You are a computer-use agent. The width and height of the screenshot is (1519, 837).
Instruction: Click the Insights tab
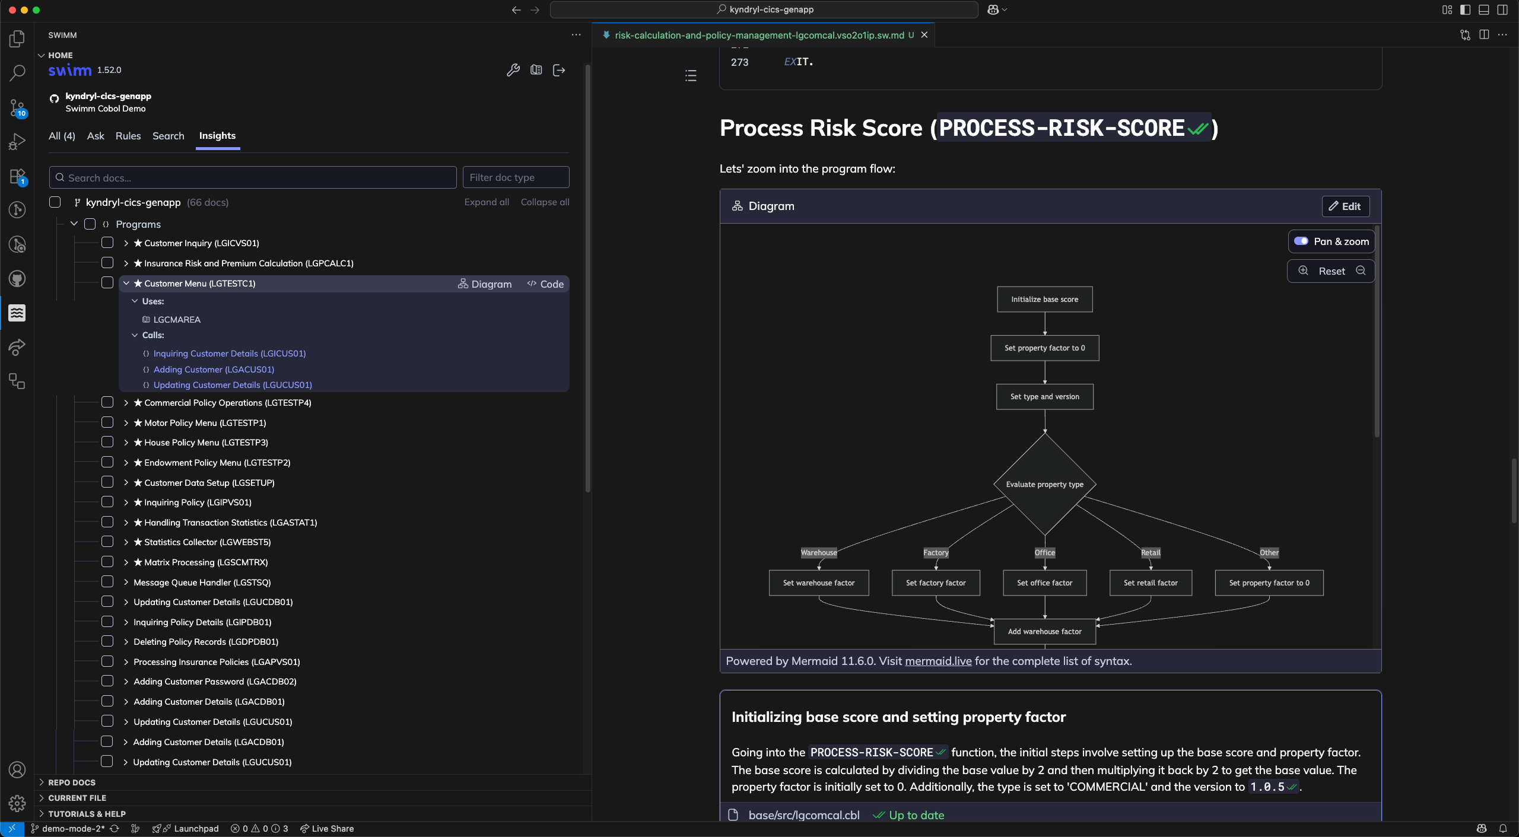[x=217, y=136]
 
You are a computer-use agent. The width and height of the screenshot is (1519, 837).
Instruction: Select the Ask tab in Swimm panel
[x=96, y=136]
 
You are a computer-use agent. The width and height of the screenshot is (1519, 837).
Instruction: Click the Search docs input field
[x=253, y=177]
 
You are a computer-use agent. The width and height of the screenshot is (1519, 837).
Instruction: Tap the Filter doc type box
[x=516, y=177]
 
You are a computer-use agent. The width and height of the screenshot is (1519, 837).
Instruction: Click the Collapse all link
[x=545, y=202]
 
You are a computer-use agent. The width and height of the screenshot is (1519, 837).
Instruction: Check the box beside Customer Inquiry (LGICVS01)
[x=107, y=243]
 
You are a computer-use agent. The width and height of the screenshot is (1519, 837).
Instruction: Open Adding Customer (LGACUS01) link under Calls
[x=214, y=369]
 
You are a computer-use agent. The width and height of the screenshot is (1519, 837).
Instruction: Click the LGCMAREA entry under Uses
[x=177, y=319]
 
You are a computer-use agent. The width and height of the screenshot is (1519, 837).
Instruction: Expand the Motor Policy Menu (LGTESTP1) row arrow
[x=126, y=423]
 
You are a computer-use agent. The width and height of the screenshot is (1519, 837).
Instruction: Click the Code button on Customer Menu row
[x=545, y=284]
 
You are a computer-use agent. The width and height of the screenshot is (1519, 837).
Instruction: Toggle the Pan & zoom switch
[x=1301, y=241]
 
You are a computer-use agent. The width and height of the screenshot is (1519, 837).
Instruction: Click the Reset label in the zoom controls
[x=1331, y=271]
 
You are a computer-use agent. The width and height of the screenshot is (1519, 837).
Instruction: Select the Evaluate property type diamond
[x=1044, y=484]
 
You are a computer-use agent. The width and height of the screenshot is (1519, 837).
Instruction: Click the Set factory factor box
[x=936, y=583]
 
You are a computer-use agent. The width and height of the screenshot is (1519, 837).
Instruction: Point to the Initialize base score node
[x=1044, y=300]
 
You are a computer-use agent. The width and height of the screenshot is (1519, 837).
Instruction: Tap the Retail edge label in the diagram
[x=1151, y=552]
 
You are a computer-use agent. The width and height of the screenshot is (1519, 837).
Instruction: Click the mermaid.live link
[x=938, y=661]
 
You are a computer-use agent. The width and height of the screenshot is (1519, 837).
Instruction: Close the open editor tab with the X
[x=924, y=35]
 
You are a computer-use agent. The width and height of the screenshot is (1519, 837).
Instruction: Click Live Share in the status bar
[x=327, y=829]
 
